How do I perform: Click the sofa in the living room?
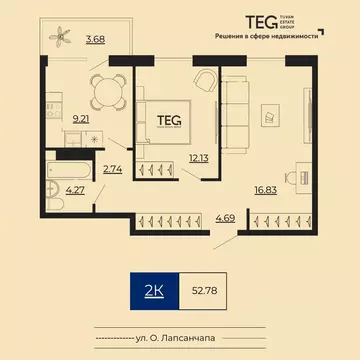[229, 116]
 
